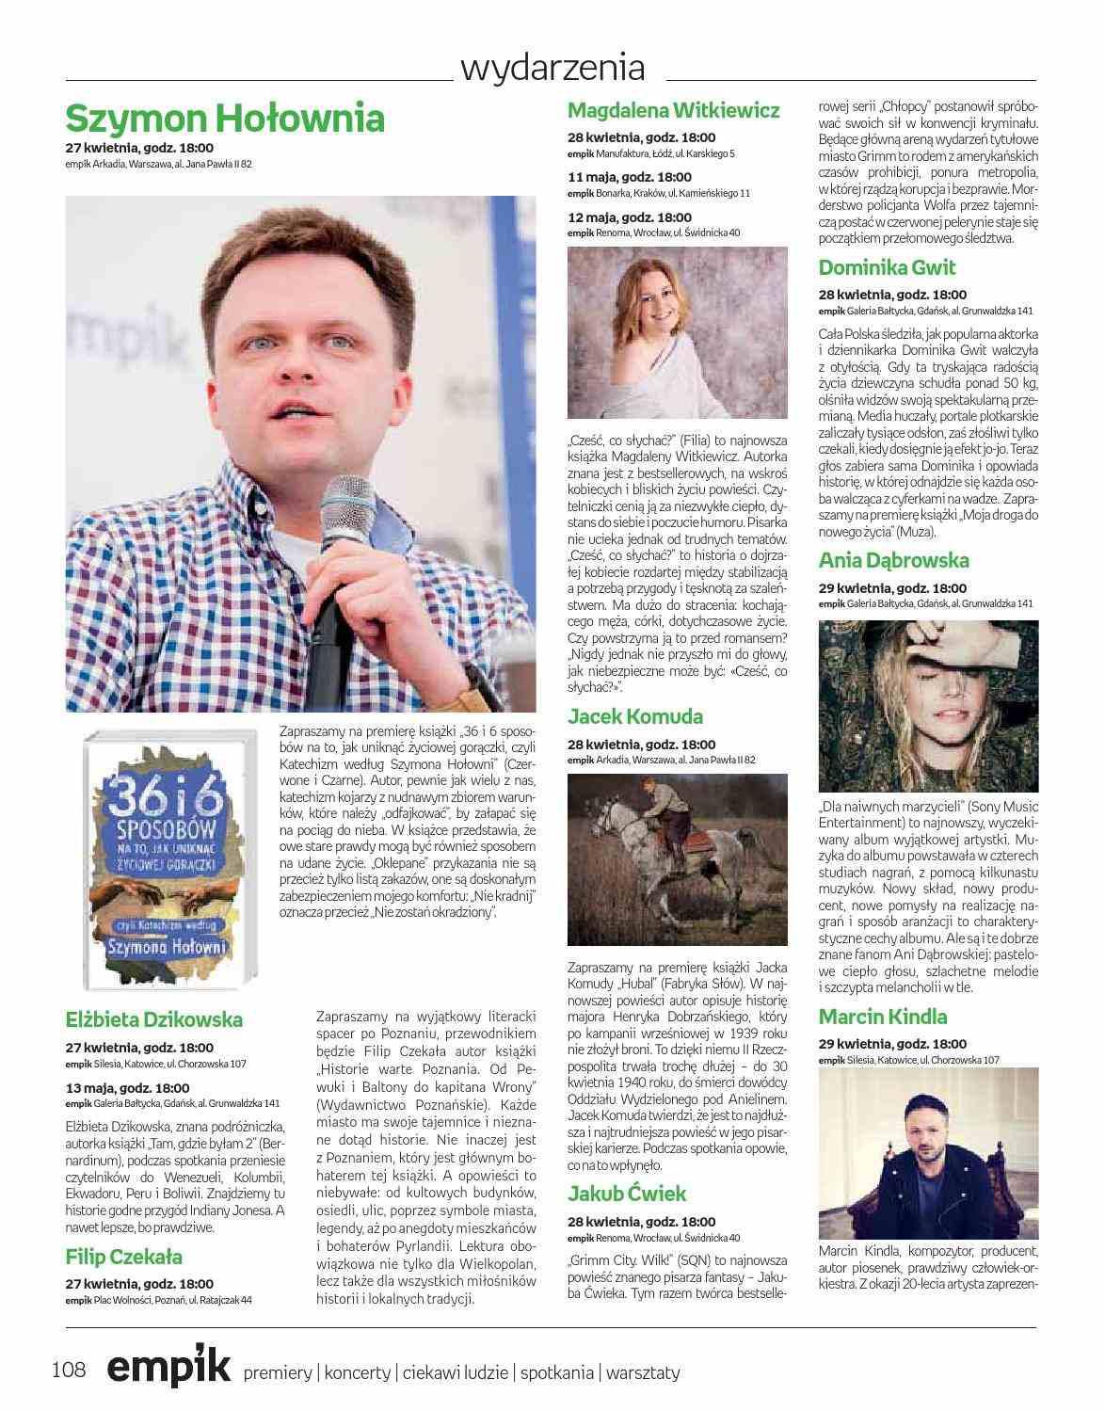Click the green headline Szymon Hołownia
[x=225, y=119]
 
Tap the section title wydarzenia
[x=552, y=68]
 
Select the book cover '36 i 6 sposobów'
[x=168, y=857]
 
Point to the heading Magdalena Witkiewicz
[x=673, y=110]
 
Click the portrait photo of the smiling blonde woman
[x=678, y=333]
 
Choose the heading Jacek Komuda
[x=635, y=716]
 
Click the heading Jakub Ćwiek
[x=627, y=1194]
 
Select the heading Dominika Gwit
[x=887, y=267]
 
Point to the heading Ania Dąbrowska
[x=893, y=560]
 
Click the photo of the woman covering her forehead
[x=928, y=705]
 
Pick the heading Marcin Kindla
[x=883, y=1017]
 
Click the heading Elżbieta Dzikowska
[x=154, y=1019]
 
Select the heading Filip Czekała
[x=124, y=1257]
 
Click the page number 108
[x=69, y=1370]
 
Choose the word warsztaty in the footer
[x=643, y=1372]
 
